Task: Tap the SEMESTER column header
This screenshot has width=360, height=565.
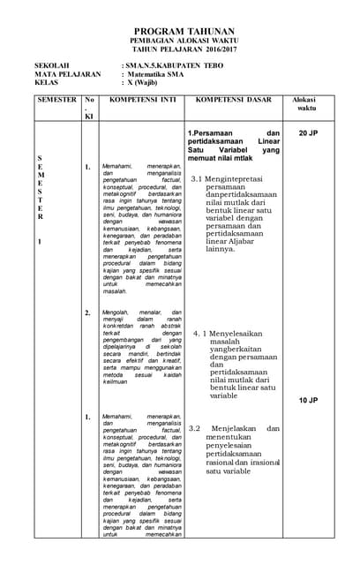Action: (x=56, y=101)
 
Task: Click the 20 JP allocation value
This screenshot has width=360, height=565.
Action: (x=308, y=133)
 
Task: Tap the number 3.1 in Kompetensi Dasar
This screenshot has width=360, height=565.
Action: (x=198, y=179)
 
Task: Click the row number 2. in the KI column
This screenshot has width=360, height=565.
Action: (x=87, y=313)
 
